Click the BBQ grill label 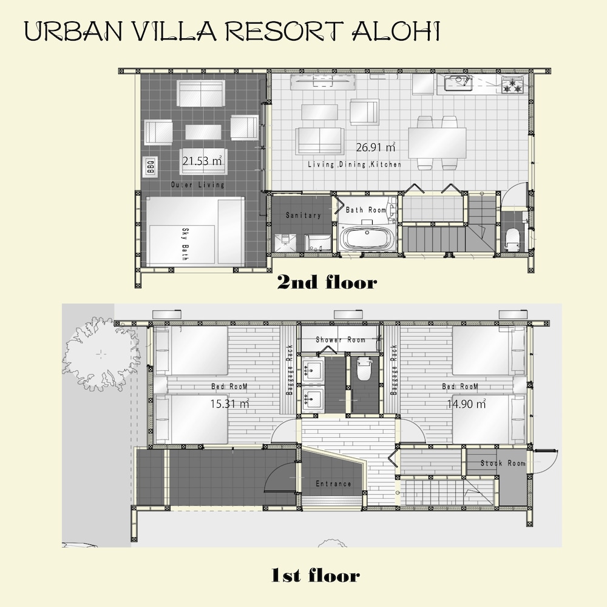[x=151, y=166]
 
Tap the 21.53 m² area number [x=202, y=161]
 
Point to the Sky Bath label [x=185, y=244]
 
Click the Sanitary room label [x=303, y=215]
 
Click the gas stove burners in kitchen [x=512, y=86]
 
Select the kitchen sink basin [x=458, y=83]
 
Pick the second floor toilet [x=513, y=239]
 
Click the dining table [x=438, y=143]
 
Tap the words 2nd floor [x=327, y=283]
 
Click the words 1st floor [x=316, y=575]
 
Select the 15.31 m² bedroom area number [x=229, y=404]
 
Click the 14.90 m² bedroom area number [x=466, y=404]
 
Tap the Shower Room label [x=341, y=340]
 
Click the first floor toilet [x=364, y=369]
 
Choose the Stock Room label [x=503, y=463]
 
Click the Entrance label [x=333, y=484]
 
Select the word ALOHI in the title [x=396, y=31]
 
